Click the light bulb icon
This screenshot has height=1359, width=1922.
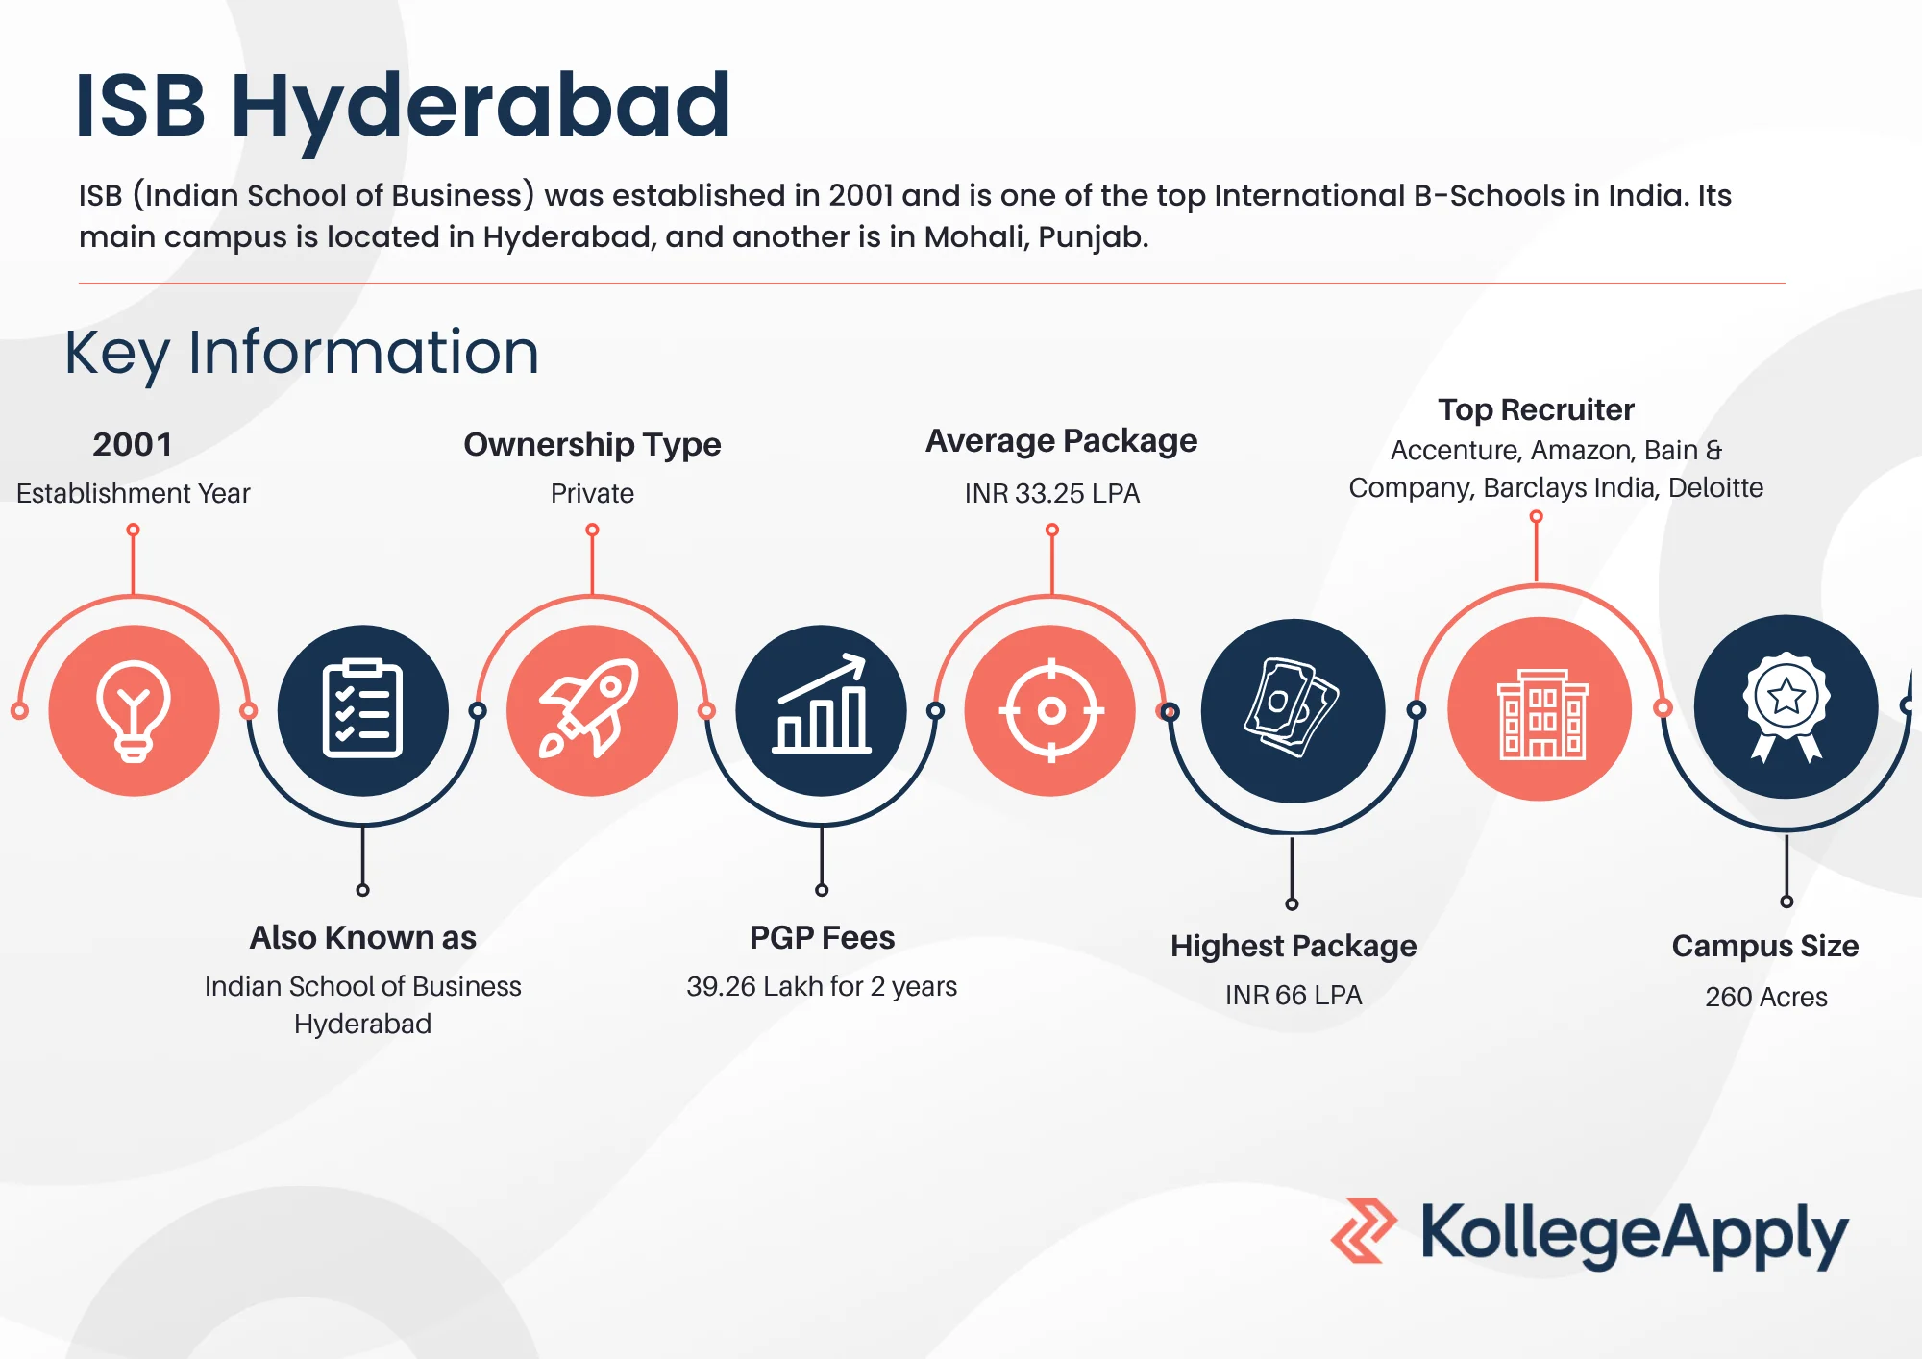[x=134, y=711]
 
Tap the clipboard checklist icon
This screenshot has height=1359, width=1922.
[x=362, y=709]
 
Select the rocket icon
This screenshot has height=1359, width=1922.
[x=589, y=708]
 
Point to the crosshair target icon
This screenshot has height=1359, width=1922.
[x=1051, y=711]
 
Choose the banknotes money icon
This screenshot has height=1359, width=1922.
[x=1292, y=707]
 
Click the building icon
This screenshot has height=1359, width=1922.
[x=1541, y=713]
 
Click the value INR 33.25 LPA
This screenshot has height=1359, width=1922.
[x=1052, y=493]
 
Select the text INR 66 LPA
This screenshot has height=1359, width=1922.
[x=1294, y=995]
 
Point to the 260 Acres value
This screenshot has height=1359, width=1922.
[x=1766, y=997]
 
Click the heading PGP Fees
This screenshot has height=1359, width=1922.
[x=822, y=937]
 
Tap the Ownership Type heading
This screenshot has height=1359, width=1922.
[x=592, y=445]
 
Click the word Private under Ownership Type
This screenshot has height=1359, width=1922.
[x=592, y=493]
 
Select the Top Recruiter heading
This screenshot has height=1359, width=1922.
[x=1536, y=409]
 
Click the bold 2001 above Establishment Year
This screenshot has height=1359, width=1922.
[x=133, y=444]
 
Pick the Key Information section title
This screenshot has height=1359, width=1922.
[x=302, y=353]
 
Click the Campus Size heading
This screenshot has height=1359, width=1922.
[x=1765, y=947]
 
